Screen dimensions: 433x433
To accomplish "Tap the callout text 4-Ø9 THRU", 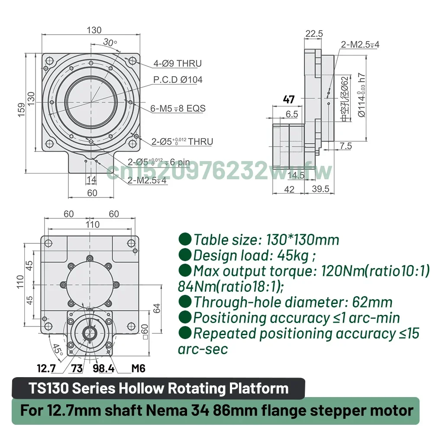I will click(x=178, y=64).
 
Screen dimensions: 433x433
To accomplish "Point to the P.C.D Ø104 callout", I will click(x=178, y=80).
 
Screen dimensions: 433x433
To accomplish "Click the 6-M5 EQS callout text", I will click(x=178, y=108).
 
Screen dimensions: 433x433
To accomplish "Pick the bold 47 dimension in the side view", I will click(x=288, y=99).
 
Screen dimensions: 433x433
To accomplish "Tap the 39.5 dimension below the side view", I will click(x=320, y=189).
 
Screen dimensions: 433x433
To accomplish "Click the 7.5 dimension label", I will click(x=346, y=146).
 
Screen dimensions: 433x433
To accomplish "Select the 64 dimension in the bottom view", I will click(x=157, y=308).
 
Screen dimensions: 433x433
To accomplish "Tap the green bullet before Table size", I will click(x=185, y=239).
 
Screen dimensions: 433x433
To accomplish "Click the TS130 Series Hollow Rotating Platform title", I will click(x=159, y=388).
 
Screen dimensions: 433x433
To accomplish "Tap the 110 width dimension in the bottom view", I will click(x=93, y=224).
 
